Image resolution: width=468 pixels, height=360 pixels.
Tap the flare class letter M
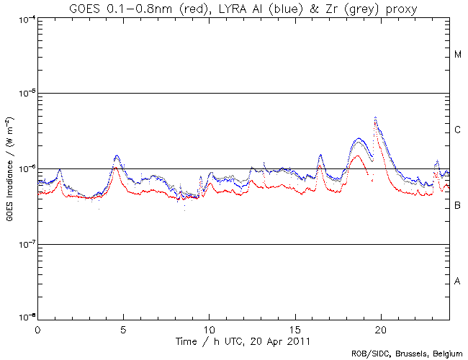(x=458, y=55)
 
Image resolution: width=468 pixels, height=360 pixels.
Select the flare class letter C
(x=458, y=130)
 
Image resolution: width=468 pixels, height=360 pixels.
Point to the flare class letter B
(x=458, y=206)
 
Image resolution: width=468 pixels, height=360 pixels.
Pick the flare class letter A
(x=458, y=282)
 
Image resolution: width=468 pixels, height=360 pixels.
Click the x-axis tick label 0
(x=37, y=329)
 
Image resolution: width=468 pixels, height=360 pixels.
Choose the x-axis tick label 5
(x=123, y=329)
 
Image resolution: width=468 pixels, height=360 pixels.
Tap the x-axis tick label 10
(x=209, y=329)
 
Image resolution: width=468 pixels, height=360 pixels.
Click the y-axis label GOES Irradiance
(x=9, y=169)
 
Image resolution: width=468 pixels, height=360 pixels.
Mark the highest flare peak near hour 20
(x=376, y=117)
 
